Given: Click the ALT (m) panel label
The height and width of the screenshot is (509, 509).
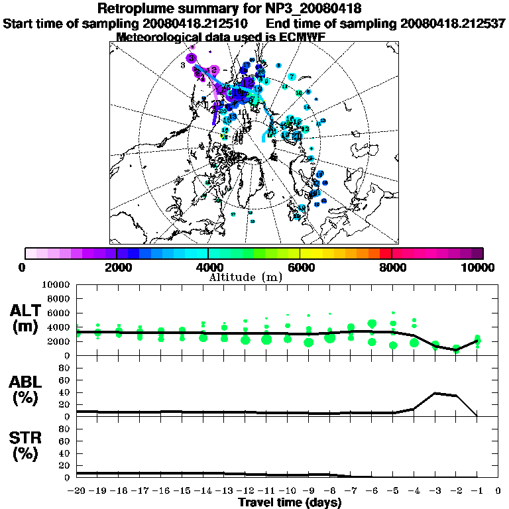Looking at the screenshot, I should (27, 318).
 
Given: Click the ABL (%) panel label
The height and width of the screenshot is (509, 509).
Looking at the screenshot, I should (27, 390).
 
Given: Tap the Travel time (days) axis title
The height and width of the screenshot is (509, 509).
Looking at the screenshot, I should (290, 502).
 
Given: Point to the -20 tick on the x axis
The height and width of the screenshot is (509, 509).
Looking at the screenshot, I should (78, 491).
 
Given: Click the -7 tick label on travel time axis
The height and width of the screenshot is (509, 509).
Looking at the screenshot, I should (351, 491).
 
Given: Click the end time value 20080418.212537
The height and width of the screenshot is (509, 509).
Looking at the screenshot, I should (454, 23).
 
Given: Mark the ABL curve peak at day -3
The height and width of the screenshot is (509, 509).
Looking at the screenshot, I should (435, 393).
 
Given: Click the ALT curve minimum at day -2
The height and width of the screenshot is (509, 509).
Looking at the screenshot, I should (456, 349).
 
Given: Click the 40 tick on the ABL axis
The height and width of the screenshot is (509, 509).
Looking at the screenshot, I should (65, 392).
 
